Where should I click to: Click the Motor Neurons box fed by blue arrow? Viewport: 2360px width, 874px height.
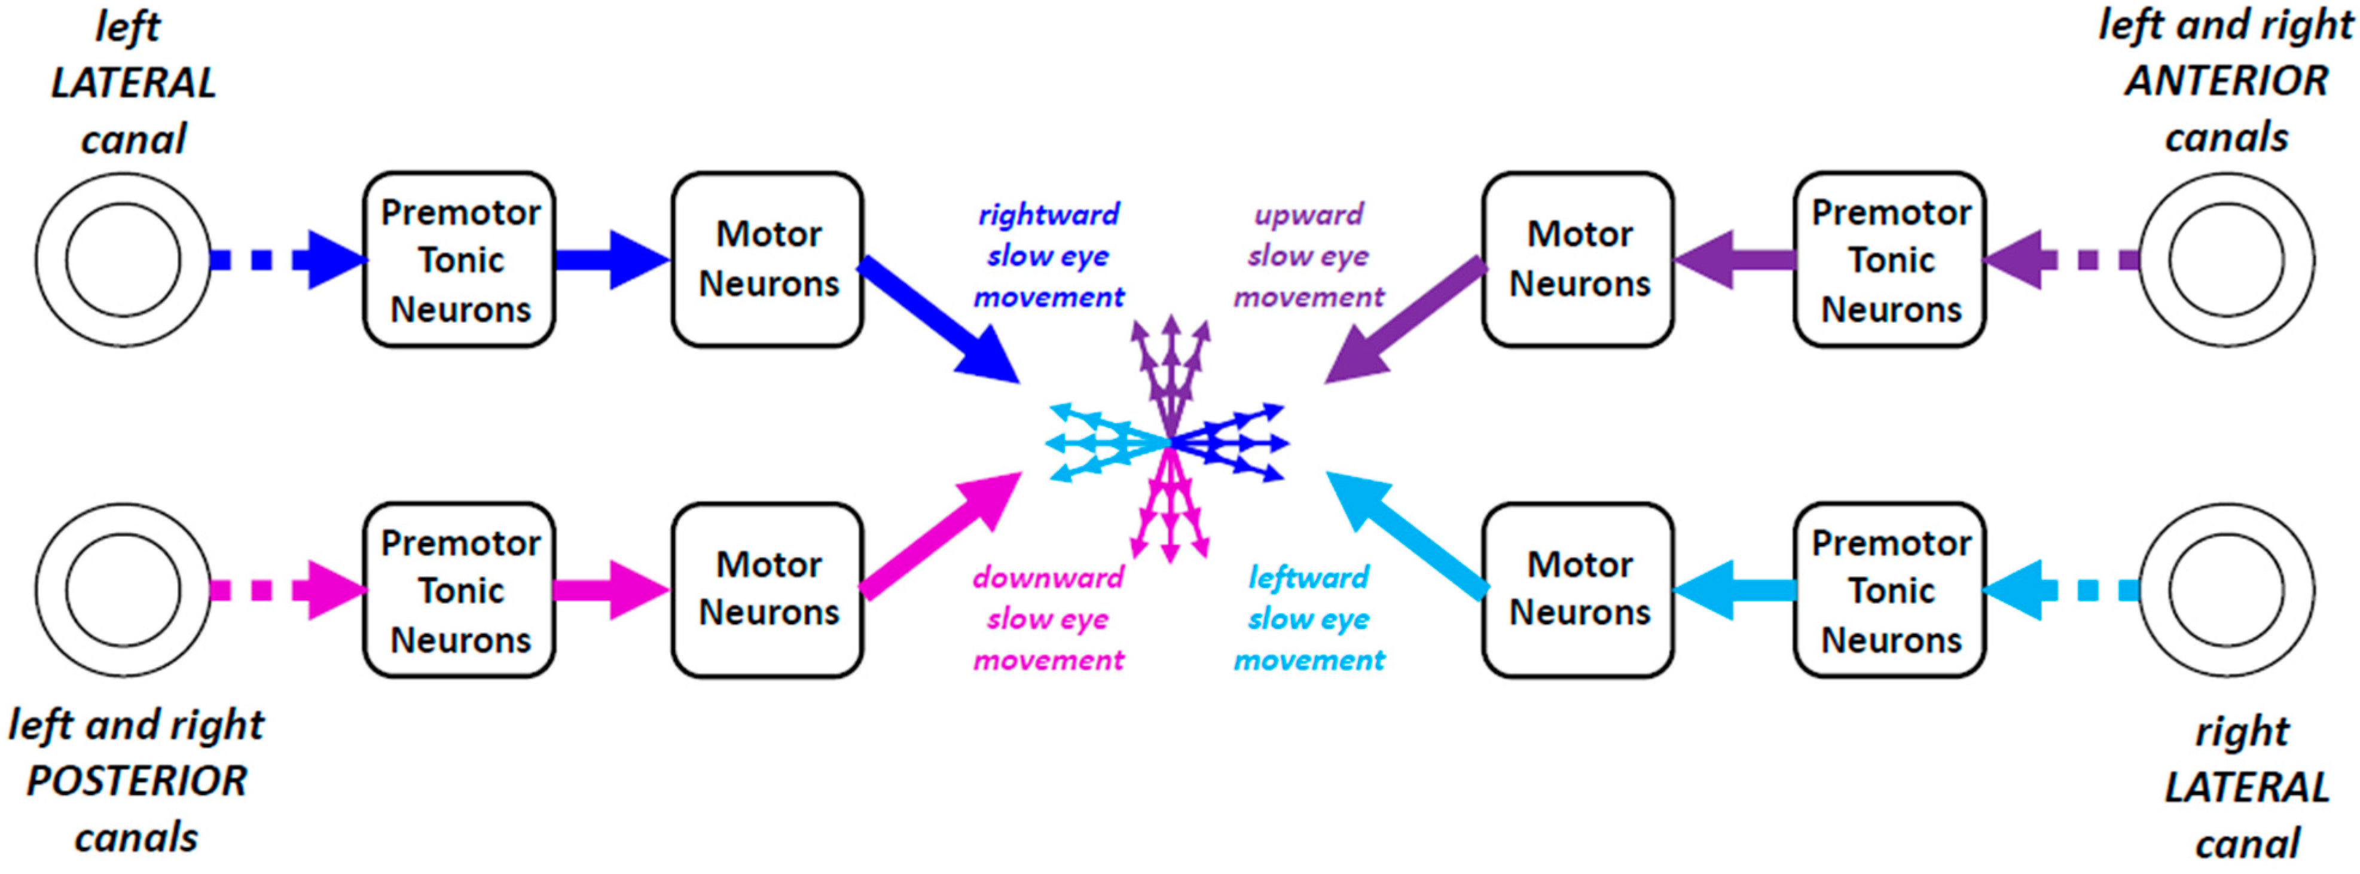point(768,259)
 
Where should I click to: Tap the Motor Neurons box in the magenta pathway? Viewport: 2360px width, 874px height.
point(768,589)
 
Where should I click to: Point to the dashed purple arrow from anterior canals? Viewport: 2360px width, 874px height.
point(2061,259)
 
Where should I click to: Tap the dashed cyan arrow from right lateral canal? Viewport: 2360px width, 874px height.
point(2061,589)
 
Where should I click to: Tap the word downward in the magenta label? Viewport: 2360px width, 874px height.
point(1048,577)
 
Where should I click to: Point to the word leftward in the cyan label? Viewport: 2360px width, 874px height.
point(1308,577)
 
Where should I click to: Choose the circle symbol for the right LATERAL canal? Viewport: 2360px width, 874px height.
point(2226,589)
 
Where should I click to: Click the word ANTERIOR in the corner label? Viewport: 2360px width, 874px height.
point(2226,81)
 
